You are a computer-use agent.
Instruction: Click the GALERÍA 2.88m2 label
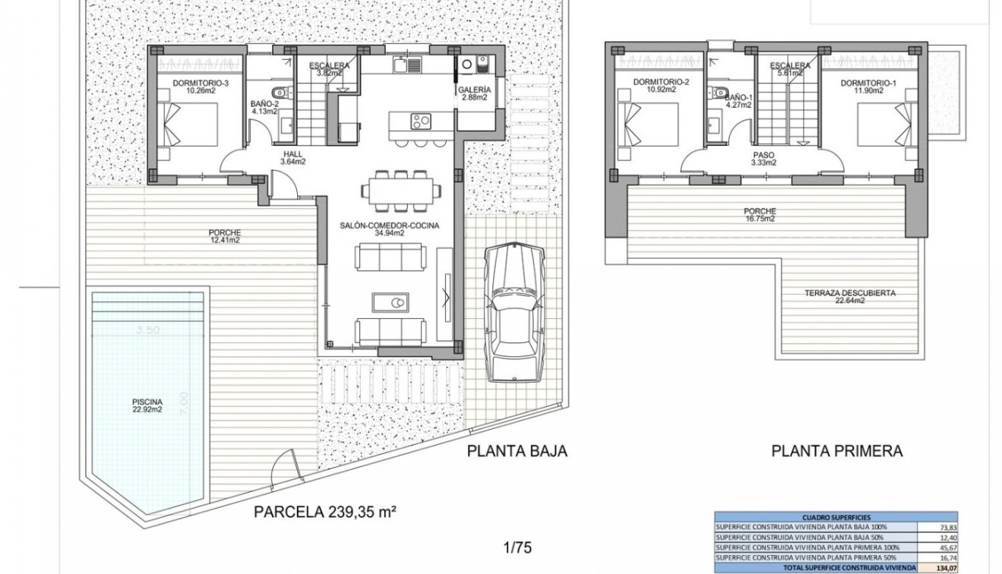(475, 94)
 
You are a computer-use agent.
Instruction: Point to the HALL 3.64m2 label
(292, 156)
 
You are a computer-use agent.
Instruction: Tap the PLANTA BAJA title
(517, 451)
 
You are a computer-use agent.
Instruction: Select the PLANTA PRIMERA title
(836, 451)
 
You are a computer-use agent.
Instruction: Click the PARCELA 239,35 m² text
(326, 511)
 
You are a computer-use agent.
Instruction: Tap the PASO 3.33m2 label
(763, 157)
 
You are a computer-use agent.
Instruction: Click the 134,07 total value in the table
(942, 567)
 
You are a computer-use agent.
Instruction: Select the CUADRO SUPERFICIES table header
(836, 516)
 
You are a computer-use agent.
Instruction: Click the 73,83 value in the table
(942, 526)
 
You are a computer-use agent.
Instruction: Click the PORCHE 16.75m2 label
(760, 215)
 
